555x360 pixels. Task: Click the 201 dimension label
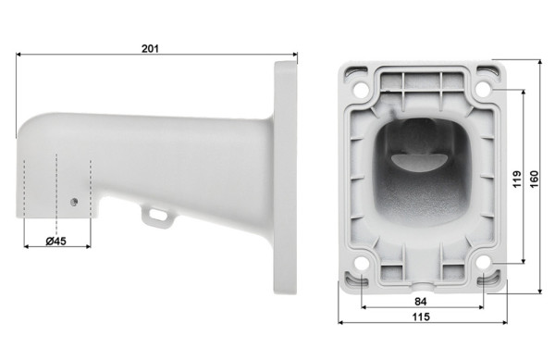click(150, 48)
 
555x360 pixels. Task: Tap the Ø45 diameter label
click(55, 241)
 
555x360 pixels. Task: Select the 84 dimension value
click(420, 302)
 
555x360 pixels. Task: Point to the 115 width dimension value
click(421, 317)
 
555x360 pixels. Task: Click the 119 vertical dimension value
click(517, 180)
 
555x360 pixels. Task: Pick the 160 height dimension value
click(534, 180)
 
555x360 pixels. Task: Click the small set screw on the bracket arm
click(74, 202)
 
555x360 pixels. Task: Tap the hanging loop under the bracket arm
click(158, 217)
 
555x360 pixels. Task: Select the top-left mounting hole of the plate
click(361, 89)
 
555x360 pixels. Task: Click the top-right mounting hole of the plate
click(484, 89)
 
